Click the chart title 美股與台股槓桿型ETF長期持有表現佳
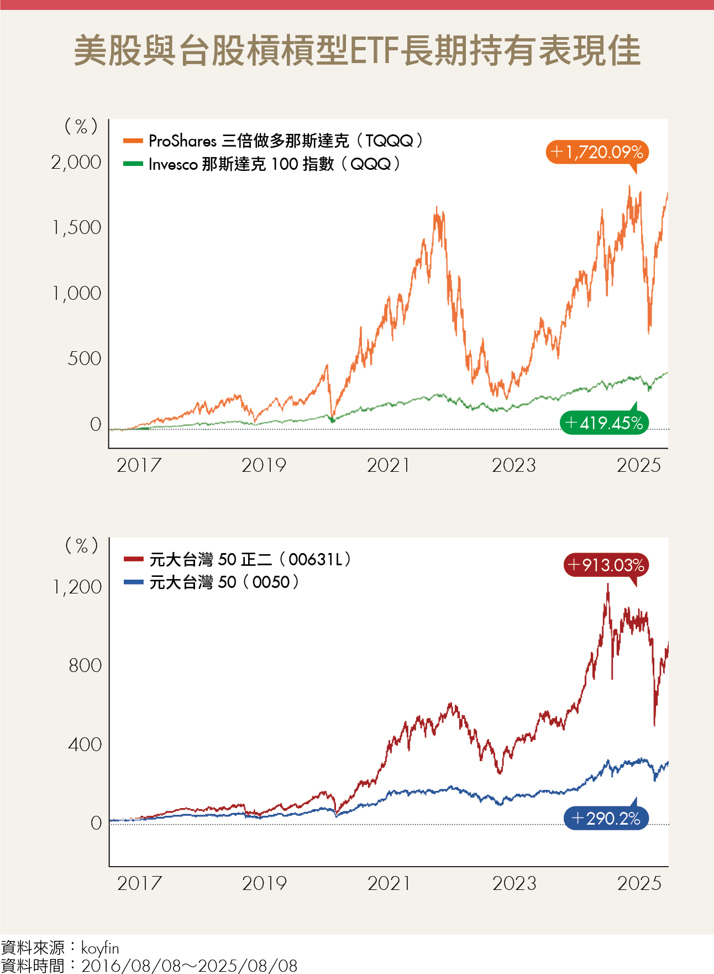(357, 51)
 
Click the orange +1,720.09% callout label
(597, 152)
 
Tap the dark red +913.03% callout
(606, 565)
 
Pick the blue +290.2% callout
(606, 818)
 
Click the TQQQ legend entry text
(285, 141)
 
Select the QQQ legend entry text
(274, 164)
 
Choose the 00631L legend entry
(250, 559)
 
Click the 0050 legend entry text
(224, 582)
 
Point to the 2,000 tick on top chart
(76, 163)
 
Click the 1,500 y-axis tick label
(76, 228)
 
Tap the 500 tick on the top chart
(84, 359)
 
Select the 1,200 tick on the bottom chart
(77, 587)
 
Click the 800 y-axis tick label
(85, 665)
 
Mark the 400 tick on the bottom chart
(85, 744)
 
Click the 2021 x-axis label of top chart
(389, 466)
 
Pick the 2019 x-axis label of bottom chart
(264, 884)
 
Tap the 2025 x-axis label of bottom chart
(639, 884)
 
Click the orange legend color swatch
(133, 141)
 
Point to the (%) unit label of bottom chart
(82, 546)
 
